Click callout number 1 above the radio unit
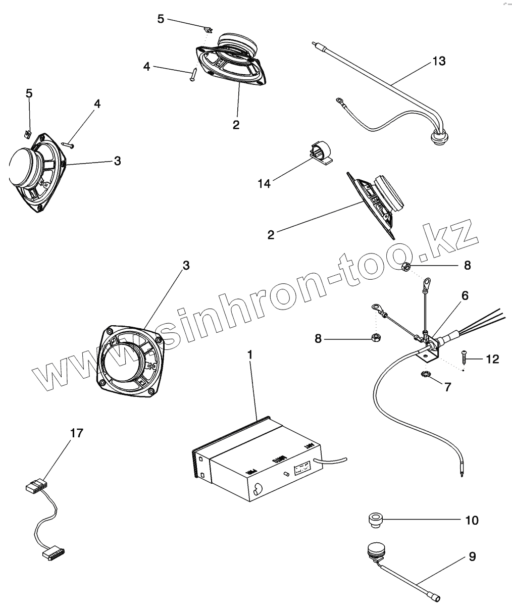click(249, 355)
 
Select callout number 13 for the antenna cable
click(439, 61)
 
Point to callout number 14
click(264, 183)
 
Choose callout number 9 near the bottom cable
click(472, 556)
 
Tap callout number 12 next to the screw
click(492, 359)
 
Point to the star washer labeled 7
click(425, 374)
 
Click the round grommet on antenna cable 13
click(435, 137)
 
